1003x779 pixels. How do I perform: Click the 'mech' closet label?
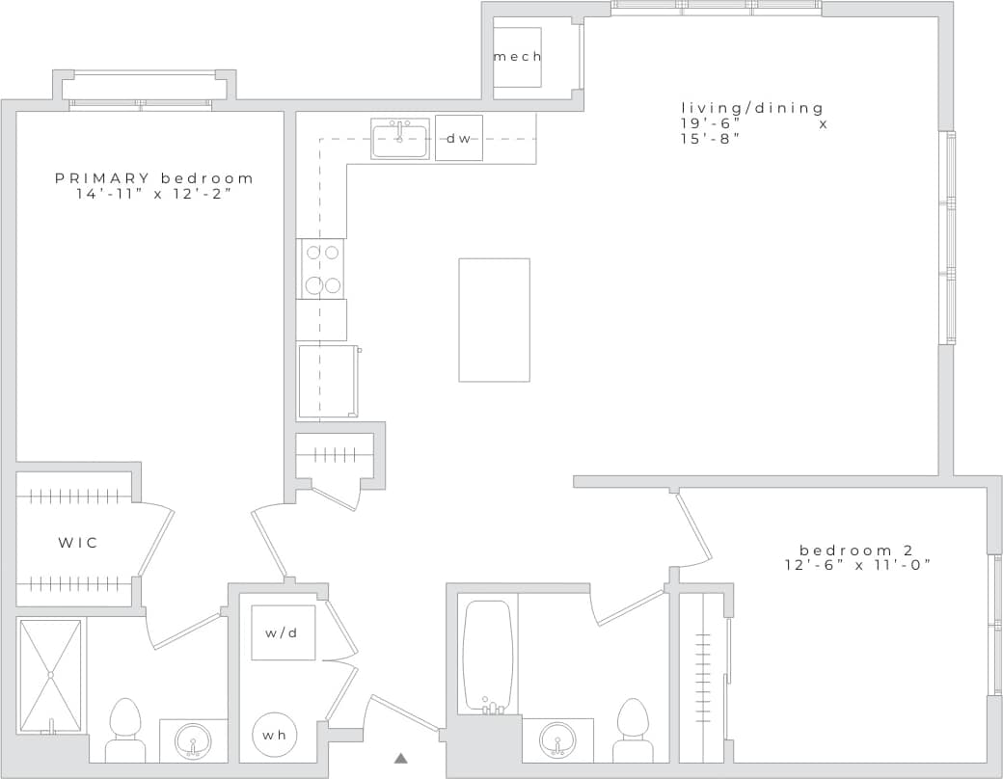[x=517, y=57]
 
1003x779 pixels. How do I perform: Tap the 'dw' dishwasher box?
[x=459, y=138]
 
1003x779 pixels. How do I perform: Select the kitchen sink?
[x=400, y=141]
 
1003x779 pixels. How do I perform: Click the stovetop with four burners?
[x=322, y=269]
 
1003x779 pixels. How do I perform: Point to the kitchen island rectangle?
[x=494, y=319]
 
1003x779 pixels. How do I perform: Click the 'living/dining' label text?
[x=753, y=108]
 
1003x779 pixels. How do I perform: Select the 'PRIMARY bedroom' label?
[x=154, y=178]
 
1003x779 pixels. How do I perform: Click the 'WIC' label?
[x=77, y=543]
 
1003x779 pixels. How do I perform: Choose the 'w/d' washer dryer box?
[x=284, y=632]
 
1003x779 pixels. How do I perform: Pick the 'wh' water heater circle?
[x=275, y=736]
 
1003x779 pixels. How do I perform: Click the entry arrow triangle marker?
[x=401, y=759]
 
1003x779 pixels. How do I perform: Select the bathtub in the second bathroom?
[x=487, y=656]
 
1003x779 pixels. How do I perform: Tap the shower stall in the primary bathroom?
[x=52, y=675]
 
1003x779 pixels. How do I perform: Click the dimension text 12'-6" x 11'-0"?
[x=856, y=565]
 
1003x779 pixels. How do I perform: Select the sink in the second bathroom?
[x=556, y=740]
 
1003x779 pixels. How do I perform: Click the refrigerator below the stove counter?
[x=328, y=381]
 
